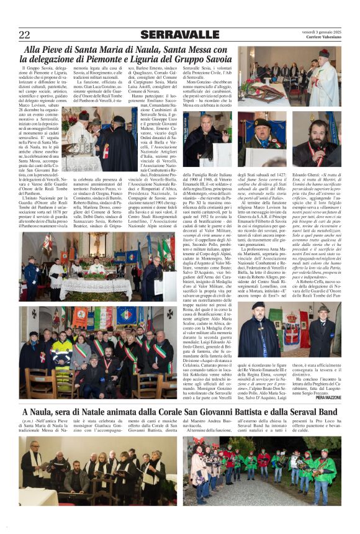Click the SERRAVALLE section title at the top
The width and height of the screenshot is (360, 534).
pos(180,34)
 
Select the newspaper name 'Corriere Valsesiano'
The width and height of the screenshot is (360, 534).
pos(323,38)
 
